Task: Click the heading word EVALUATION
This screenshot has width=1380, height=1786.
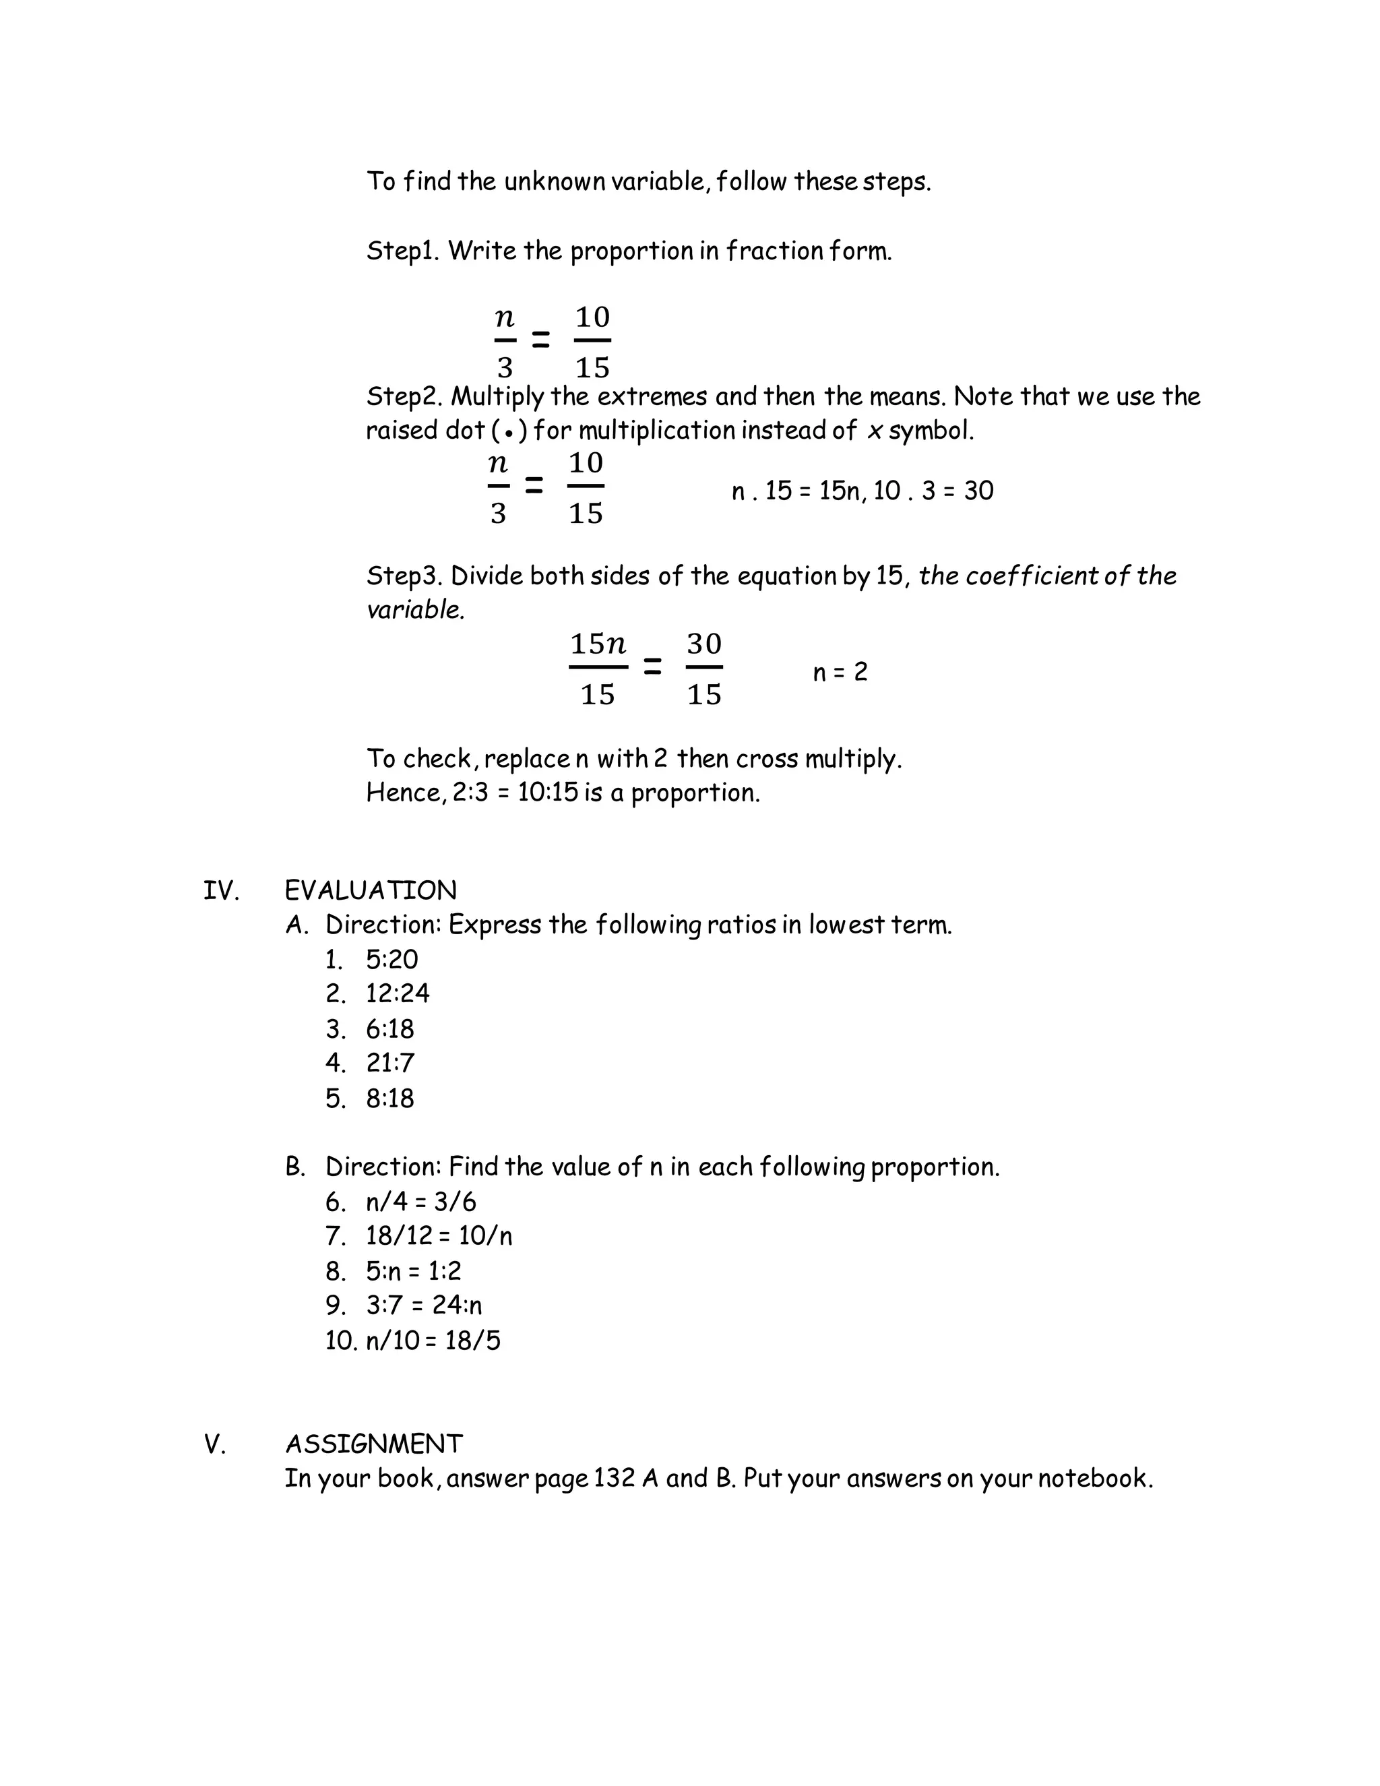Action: click(371, 890)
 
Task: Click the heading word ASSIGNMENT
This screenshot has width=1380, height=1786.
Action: click(373, 1444)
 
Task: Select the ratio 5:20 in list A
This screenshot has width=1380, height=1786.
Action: click(391, 959)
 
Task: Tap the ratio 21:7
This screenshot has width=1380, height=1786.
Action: click(390, 1063)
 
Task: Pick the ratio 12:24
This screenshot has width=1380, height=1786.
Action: click(398, 993)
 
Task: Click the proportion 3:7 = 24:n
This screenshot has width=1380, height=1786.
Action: click(423, 1305)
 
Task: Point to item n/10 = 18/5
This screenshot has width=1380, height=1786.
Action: click(433, 1341)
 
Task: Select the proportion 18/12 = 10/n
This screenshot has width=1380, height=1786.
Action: click(438, 1235)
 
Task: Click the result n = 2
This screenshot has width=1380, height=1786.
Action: click(840, 672)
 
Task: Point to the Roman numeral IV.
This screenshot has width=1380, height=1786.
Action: click(221, 890)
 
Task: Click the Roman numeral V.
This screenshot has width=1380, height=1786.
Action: click(214, 1445)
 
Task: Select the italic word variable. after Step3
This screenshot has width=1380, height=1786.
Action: click(415, 610)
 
